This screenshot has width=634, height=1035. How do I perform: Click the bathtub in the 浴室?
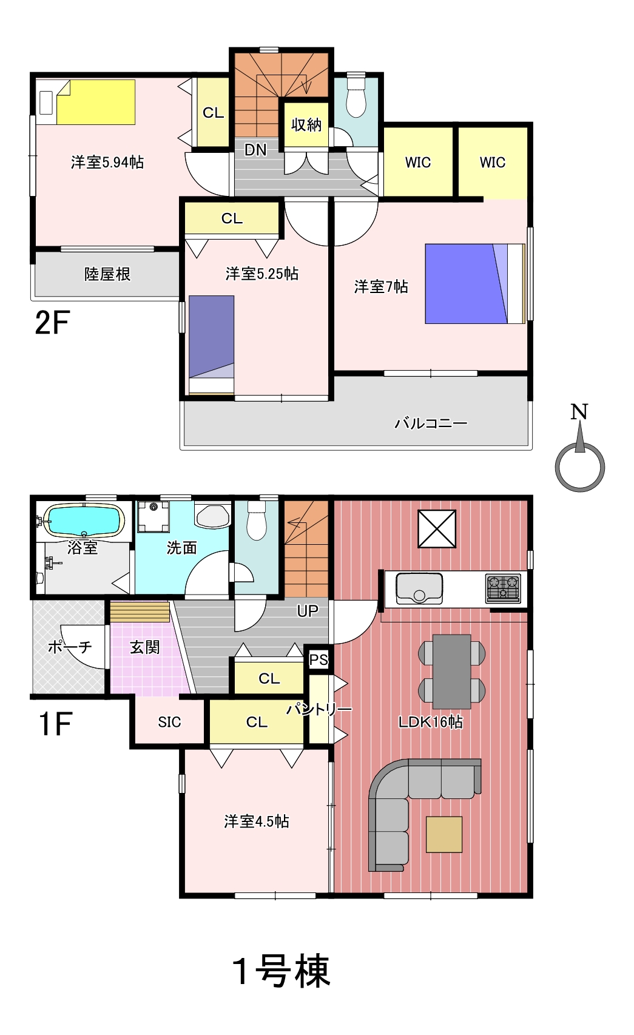(84, 520)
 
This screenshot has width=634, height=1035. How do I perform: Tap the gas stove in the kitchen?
(503, 588)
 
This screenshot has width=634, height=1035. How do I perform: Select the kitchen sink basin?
(419, 588)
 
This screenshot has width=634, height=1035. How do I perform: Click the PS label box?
(319, 659)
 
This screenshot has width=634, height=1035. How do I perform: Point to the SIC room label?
(169, 722)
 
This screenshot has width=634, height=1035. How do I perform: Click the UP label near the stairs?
(308, 611)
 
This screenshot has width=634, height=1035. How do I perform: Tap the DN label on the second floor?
(255, 150)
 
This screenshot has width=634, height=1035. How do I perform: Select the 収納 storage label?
(306, 125)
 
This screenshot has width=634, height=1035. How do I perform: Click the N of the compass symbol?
(579, 412)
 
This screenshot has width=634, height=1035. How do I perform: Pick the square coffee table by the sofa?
(444, 834)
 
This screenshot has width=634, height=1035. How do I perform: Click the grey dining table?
(452, 672)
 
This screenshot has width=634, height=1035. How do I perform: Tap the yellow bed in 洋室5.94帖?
(96, 102)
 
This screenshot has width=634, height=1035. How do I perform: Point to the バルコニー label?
(431, 423)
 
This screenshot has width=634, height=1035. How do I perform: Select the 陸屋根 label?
(107, 274)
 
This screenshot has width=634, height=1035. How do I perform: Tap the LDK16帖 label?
(431, 722)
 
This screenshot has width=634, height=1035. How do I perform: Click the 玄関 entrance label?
(144, 647)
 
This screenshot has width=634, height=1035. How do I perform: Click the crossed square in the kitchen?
(437, 528)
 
